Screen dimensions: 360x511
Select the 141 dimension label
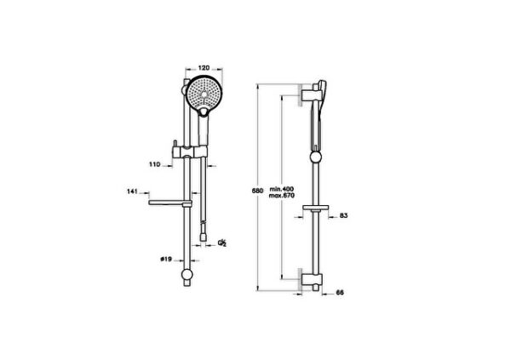click(x=131, y=193)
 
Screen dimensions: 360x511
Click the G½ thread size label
click(x=222, y=243)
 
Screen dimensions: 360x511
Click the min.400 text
click(x=282, y=189)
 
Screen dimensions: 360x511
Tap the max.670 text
click(x=282, y=197)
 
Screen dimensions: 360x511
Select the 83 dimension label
click(x=344, y=216)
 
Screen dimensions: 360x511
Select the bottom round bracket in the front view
click(x=187, y=276)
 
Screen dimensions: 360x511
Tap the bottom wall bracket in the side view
click(x=308, y=279)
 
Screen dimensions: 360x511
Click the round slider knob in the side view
click(x=317, y=156)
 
